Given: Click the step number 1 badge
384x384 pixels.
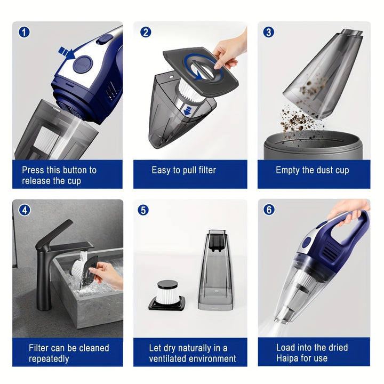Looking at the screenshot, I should point(23,32).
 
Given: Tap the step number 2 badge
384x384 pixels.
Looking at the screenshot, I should point(146,32).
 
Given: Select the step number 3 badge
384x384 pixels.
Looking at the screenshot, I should point(269,32).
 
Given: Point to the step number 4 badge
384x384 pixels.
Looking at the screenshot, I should point(23,210).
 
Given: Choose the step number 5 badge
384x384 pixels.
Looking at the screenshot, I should point(143,210).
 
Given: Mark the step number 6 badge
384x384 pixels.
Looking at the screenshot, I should point(269,210).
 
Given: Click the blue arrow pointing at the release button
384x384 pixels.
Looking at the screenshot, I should point(66,52).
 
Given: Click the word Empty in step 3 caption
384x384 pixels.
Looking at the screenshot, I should point(288,170).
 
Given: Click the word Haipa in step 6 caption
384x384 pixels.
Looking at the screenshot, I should point(289,358).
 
